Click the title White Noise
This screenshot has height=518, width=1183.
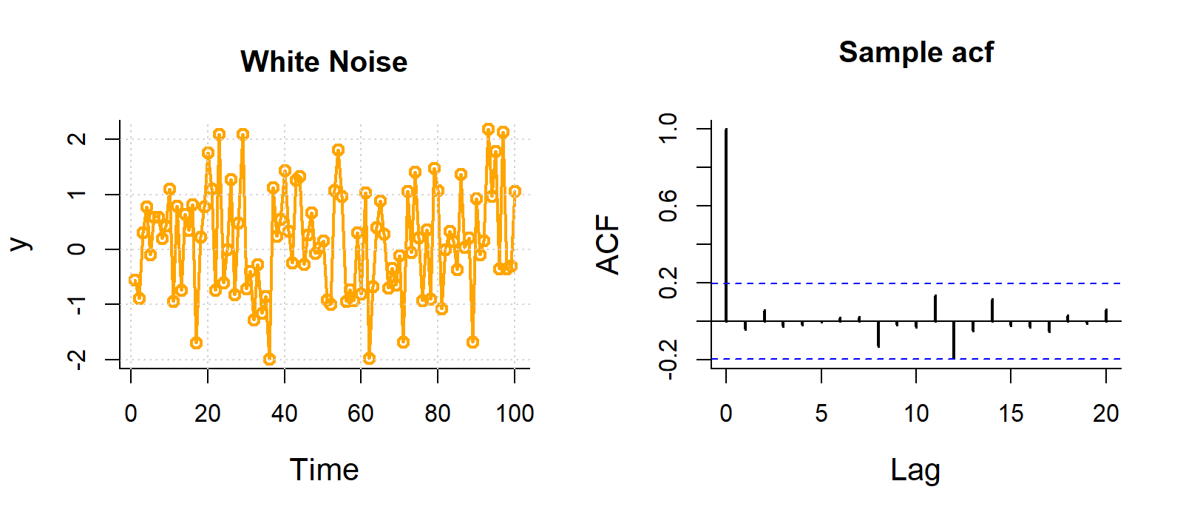point(324,62)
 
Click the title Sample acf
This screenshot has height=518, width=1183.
point(915,53)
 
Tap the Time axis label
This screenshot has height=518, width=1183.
point(324,470)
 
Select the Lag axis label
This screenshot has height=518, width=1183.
point(915,470)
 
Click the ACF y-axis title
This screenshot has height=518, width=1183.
point(608,245)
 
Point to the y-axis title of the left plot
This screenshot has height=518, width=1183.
point(19,245)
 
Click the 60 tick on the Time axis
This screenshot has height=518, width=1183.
point(361,413)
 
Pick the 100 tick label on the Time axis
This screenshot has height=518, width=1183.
point(515,413)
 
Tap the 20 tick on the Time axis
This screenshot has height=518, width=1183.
point(208,413)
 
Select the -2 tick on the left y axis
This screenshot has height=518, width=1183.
point(77,359)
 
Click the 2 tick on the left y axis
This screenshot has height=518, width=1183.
point(77,139)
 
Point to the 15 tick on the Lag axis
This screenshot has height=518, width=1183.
point(1011,413)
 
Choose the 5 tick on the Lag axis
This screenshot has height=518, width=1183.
point(821,413)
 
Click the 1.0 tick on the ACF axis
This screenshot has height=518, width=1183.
point(668,129)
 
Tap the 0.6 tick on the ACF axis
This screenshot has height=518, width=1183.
point(668,206)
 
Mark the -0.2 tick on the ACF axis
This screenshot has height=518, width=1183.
point(668,360)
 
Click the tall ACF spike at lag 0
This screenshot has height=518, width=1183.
point(726,222)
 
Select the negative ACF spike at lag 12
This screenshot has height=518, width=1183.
point(954,340)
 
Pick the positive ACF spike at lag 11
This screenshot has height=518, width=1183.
point(935,308)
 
